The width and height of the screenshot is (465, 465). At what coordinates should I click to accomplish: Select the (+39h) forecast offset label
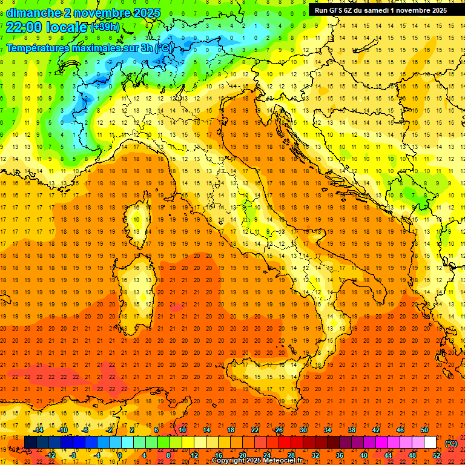point(105,27)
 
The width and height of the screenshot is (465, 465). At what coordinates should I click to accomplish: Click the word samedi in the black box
point(373,10)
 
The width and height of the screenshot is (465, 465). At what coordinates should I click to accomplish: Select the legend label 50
point(424,430)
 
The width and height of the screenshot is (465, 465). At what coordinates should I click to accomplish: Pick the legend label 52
point(437,455)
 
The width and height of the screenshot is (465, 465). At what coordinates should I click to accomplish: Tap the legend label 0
point(120,455)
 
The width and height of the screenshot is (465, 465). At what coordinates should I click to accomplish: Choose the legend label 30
point(303,430)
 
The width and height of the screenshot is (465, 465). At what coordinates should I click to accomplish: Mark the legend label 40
point(364,455)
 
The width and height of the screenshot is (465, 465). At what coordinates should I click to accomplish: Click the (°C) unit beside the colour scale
point(451,443)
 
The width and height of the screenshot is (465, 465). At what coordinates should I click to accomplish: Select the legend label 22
point(255,430)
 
